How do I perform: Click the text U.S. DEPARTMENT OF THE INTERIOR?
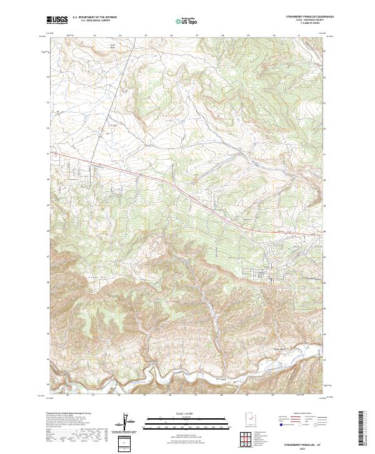pyautogui.click(x=94, y=18)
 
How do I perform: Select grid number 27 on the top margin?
pyautogui.click(x=196, y=36)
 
